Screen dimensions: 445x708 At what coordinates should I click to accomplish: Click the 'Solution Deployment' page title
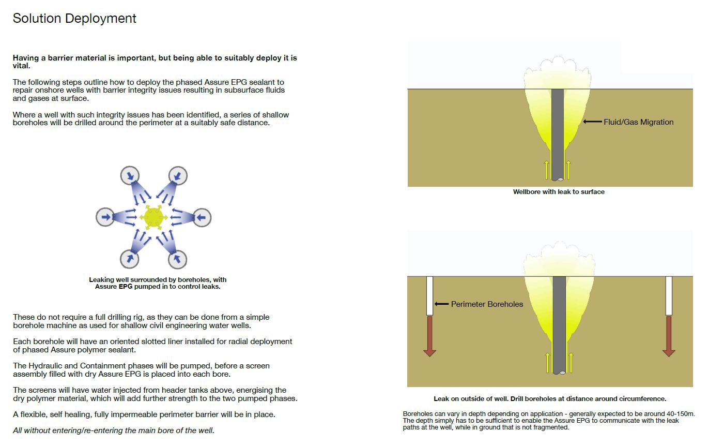click(x=74, y=19)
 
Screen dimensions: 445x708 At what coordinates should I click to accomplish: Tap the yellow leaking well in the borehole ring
click(x=153, y=216)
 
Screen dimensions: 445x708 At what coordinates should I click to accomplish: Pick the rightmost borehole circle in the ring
click(x=202, y=217)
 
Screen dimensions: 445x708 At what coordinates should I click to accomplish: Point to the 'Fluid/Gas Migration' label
click(x=639, y=122)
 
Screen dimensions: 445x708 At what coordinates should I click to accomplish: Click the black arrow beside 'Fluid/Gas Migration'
click(x=593, y=122)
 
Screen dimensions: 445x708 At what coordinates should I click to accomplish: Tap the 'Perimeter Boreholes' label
click(x=487, y=304)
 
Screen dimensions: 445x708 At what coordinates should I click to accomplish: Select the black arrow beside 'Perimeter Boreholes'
click(x=441, y=304)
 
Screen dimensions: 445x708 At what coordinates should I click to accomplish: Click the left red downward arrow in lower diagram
click(x=429, y=336)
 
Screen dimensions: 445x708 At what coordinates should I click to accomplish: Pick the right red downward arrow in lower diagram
click(x=669, y=336)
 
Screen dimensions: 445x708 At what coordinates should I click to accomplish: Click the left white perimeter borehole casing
click(x=429, y=295)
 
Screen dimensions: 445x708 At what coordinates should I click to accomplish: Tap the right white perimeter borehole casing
click(x=669, y=295)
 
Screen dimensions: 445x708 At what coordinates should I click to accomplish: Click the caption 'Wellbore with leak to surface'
click(x=559, y=192)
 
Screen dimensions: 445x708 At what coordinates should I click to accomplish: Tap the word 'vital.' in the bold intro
click(x=22, y=66)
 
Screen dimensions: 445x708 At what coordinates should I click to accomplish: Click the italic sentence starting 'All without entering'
click(x=114, y=431)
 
